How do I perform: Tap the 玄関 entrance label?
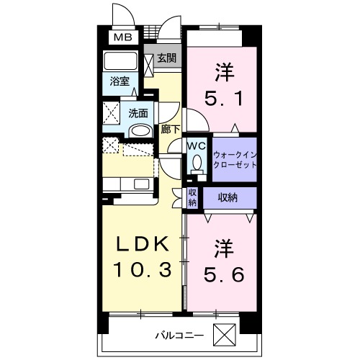point(167,58)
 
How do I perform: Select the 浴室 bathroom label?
point(120,82)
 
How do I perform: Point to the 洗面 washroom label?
point(138,113)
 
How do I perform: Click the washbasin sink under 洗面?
point(140,130)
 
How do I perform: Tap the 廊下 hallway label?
point(171,130)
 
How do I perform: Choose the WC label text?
point(196,145)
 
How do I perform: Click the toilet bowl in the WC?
point(196,163)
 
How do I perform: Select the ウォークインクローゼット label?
point(234,159)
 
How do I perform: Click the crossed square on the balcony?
point(226,335)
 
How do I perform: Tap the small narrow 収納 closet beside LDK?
point(192,198)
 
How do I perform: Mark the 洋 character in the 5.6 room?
point(222,248)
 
